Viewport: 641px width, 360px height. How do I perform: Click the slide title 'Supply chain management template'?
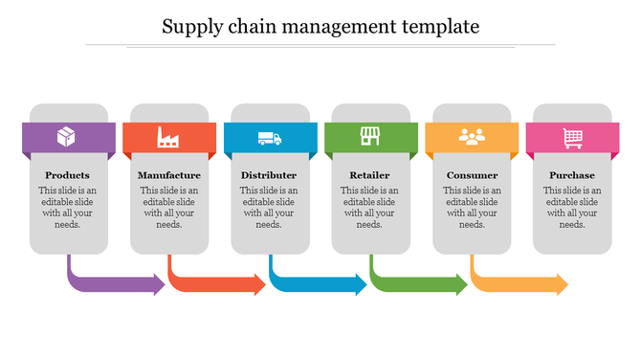pos(320,26)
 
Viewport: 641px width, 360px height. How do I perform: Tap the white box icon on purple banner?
pos(67,138)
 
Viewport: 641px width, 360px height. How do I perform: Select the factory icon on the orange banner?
pos(168,138)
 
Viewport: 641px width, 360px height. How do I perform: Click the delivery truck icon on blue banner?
pos(270,139)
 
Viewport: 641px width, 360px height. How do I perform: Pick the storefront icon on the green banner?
pos(370,137)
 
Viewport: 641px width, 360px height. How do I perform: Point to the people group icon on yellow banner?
pos(472,138)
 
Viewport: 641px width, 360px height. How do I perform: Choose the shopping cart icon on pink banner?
pos(573,138)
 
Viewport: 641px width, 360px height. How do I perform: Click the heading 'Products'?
pos(67,175)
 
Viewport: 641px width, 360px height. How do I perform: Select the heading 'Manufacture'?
pos(168,175)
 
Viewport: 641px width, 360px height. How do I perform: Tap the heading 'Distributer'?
pos(269,175)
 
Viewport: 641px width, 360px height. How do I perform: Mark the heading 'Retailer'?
pos(370,175)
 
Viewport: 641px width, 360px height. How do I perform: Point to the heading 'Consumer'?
pos(472,175)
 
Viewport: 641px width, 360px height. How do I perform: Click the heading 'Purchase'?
pos(572,175)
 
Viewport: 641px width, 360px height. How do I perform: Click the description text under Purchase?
pos(572,208)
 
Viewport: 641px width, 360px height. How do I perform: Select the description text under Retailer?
pos(370,208)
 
